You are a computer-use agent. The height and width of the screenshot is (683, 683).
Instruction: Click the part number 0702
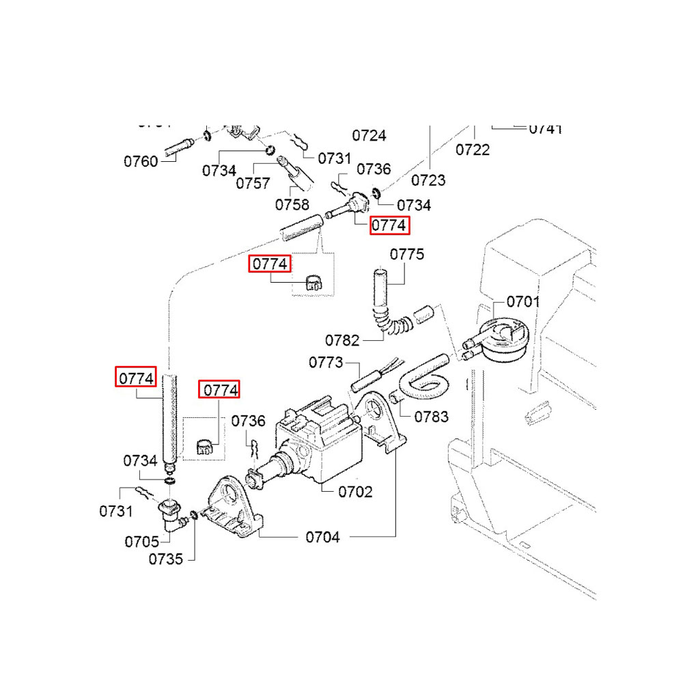pyautogui.click(x=354, y=492)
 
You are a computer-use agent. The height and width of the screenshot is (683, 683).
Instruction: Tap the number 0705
pyautogui.click(x=141, y=542)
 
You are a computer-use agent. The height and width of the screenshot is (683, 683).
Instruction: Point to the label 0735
pyautogui.click(x=166, y=559)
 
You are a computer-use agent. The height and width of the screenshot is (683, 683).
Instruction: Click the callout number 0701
pyautogui.click(x=522, y=301)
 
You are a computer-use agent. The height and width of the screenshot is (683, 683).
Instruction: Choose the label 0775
pyautogui.click(x=407, y=255)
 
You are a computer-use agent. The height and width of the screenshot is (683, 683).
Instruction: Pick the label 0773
pyautogui.click(x=326, y=363)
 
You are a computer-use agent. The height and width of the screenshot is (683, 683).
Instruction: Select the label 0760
pyautogui.click(x=141, y=162)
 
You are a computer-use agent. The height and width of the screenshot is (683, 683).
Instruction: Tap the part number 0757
pyautogui.click(x=253, y=183)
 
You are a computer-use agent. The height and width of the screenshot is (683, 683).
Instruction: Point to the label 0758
pyautogui.click(x=292, y=204)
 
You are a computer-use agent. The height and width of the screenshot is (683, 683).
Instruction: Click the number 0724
pyautogui.click(x=369, y=135)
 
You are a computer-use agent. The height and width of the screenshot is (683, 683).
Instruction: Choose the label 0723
pyautogui.click(x=428, y=180)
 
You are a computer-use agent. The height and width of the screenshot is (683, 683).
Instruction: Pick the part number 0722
pyautogui.click(x=473, y=149)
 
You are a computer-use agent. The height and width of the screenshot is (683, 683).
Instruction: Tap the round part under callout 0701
pyautogui.click(x=499, y=339)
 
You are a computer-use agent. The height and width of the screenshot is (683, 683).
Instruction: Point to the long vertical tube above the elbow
pyautogui.click(x=171, y=417)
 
